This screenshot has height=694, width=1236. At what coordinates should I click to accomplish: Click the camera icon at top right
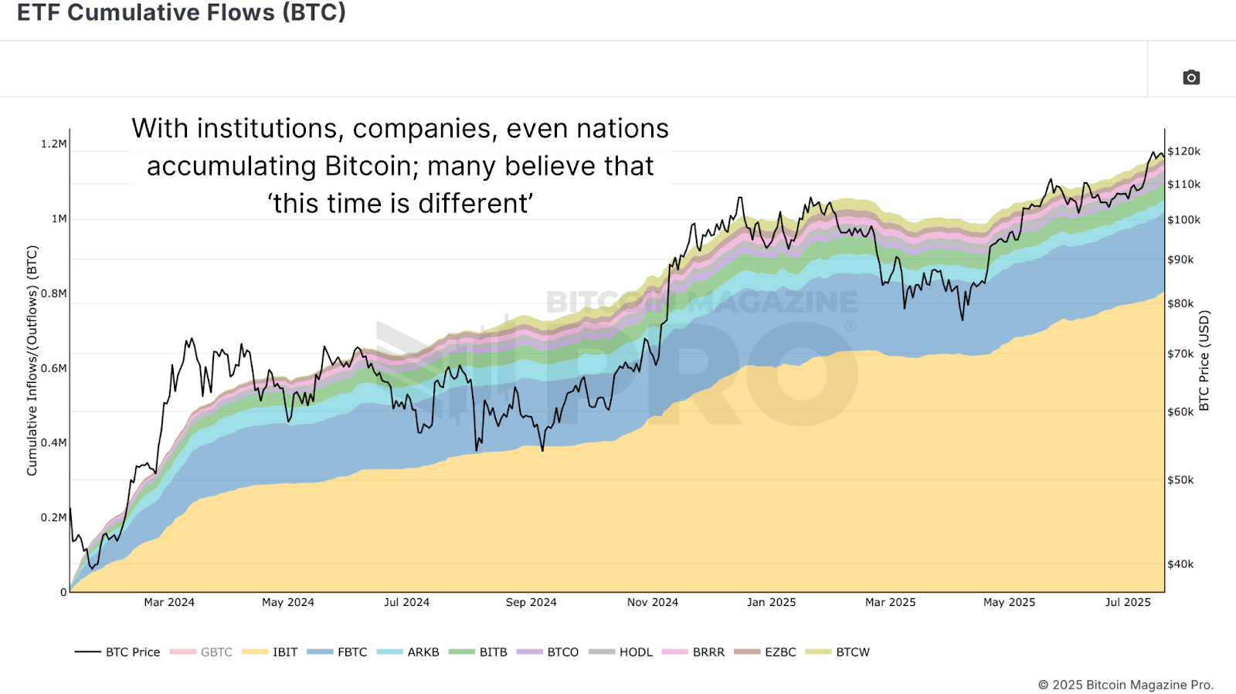(1191, 77)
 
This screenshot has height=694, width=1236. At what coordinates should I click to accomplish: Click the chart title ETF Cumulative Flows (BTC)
(182, 12)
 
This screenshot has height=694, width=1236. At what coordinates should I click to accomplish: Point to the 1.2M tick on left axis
(54, 144)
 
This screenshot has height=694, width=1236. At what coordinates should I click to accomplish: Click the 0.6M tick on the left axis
(54, 368)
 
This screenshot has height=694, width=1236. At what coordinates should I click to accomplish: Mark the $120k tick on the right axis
(1183, 151)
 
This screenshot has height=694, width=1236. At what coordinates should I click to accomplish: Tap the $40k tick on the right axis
(1180, 564)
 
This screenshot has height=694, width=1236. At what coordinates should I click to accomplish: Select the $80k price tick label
(1180, 303)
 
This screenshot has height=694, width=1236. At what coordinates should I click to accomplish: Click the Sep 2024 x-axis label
(531, 602)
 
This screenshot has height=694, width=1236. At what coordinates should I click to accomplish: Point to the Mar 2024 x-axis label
(169, 602)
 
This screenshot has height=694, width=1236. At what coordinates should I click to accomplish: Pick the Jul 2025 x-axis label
(1127, 602)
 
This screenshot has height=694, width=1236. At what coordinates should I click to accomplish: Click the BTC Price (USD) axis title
(1204, 361)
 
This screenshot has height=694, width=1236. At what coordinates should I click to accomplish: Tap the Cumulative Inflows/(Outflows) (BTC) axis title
(32, 361)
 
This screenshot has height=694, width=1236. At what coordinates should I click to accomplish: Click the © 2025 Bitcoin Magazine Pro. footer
(1126, 685)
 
